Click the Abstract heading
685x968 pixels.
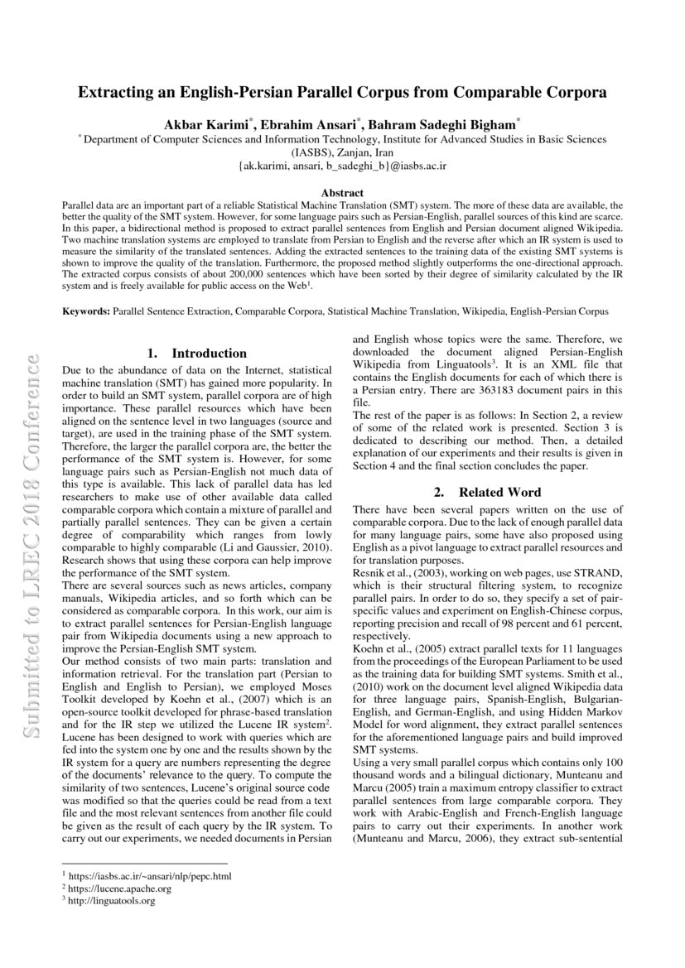point(342,192)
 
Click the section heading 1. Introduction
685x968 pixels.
point(197,354)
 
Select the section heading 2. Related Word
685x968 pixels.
point(488,492)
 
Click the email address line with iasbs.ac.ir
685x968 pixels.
point(342,166)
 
